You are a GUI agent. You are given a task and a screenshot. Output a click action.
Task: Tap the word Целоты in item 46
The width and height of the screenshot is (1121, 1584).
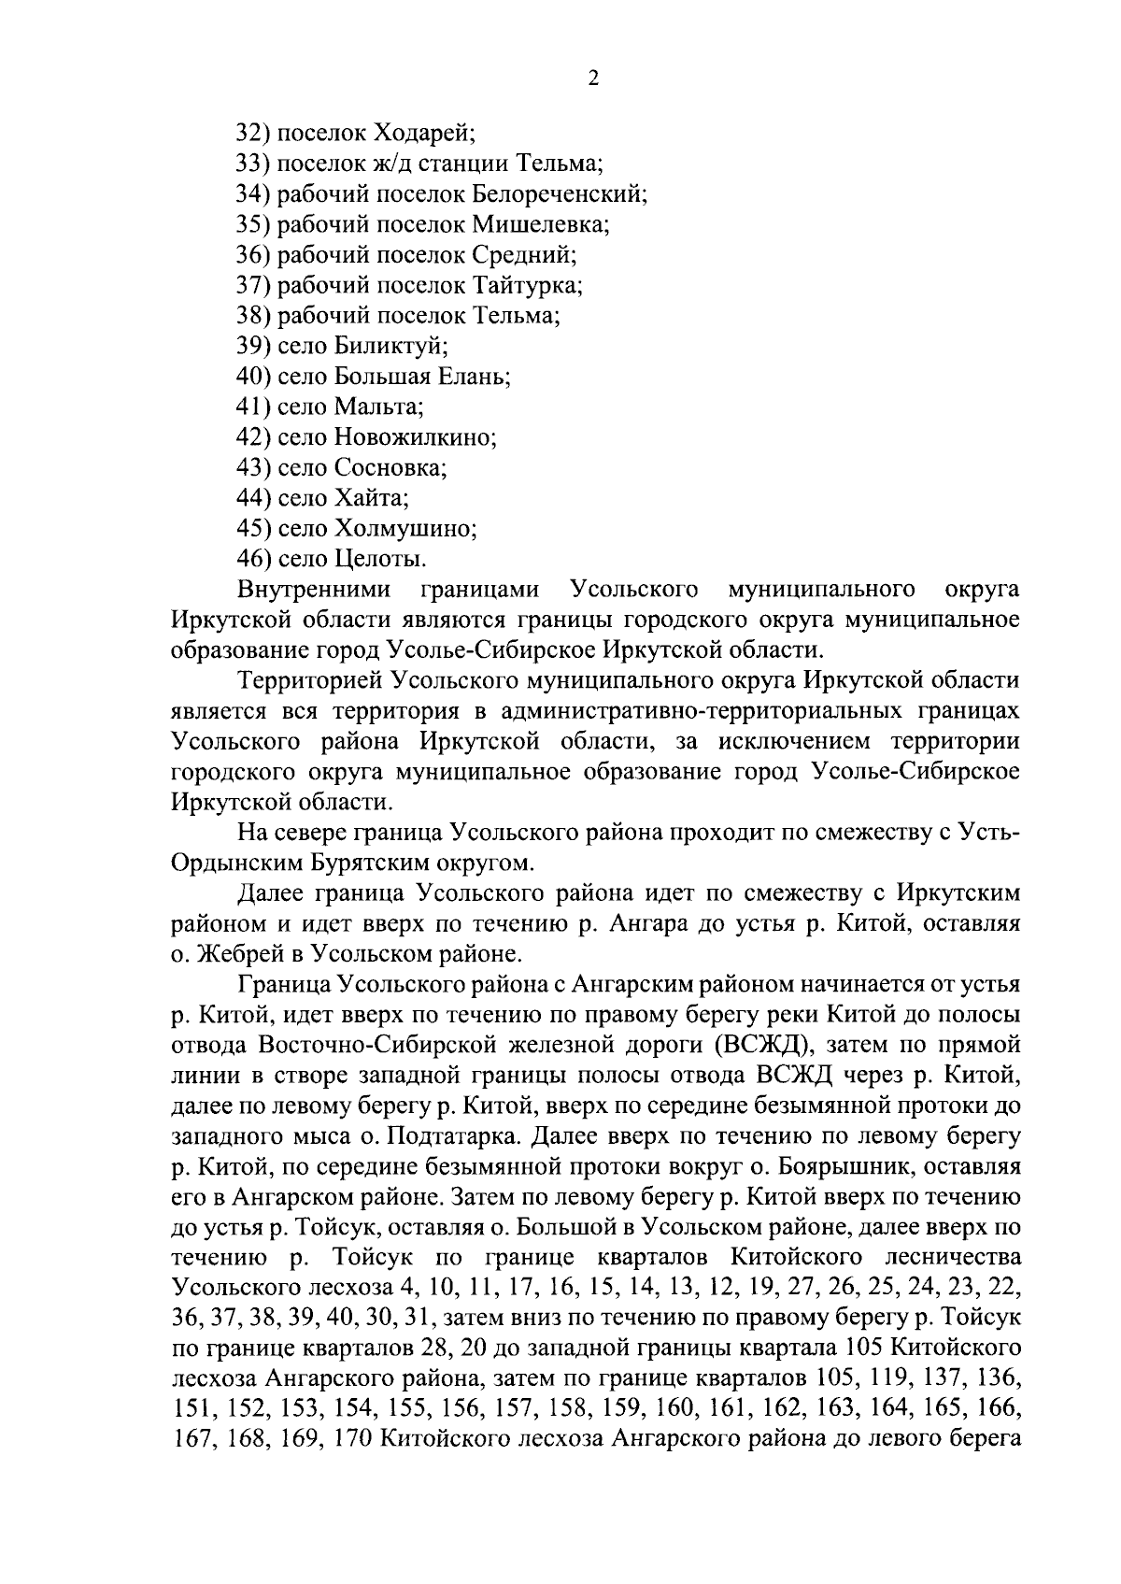[x=379, y=559]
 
